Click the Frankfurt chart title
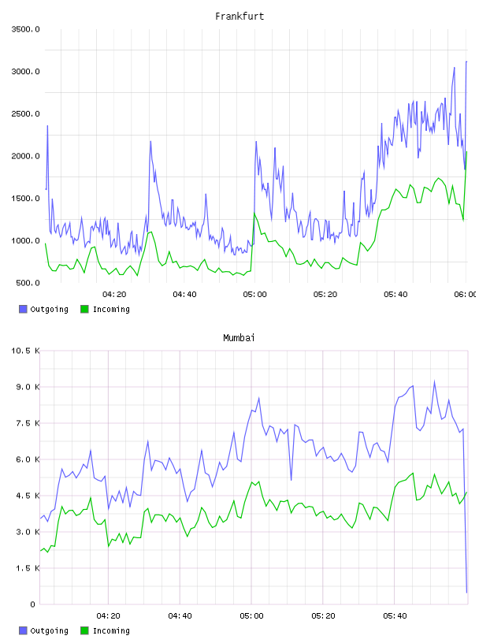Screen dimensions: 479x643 (x=239, y=17)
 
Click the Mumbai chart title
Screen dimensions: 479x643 (x=239, y=338)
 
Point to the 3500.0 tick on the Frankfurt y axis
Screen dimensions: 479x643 (x=25, y=29)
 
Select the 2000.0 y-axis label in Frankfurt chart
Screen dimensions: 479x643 (x=25, y=156)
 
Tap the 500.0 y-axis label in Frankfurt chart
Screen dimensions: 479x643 (x=28, y=283)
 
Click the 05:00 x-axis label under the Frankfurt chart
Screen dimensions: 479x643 (x=254, y=295)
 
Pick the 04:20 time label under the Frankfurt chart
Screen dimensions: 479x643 (x=114, y=295)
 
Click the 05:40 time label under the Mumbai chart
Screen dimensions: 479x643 (x=395, y=616)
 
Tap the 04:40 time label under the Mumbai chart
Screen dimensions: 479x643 (x=180, y=616)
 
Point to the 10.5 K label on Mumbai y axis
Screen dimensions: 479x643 (x=25, y=351)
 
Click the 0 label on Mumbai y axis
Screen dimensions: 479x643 (x=32, y=604)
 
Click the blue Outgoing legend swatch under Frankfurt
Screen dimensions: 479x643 (x=23, y=309)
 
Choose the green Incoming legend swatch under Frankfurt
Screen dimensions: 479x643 (x=84, y=309)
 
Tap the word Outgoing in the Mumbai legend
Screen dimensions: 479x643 (x=49, y=630)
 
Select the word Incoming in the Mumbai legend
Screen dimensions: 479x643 (x=111, y=630)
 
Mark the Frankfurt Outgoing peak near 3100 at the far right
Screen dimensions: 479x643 (x=466, y=62)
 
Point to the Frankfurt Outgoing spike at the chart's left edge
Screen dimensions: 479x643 (x=47, y=126)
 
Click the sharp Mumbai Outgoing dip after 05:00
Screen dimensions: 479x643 (x=291, y=480)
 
